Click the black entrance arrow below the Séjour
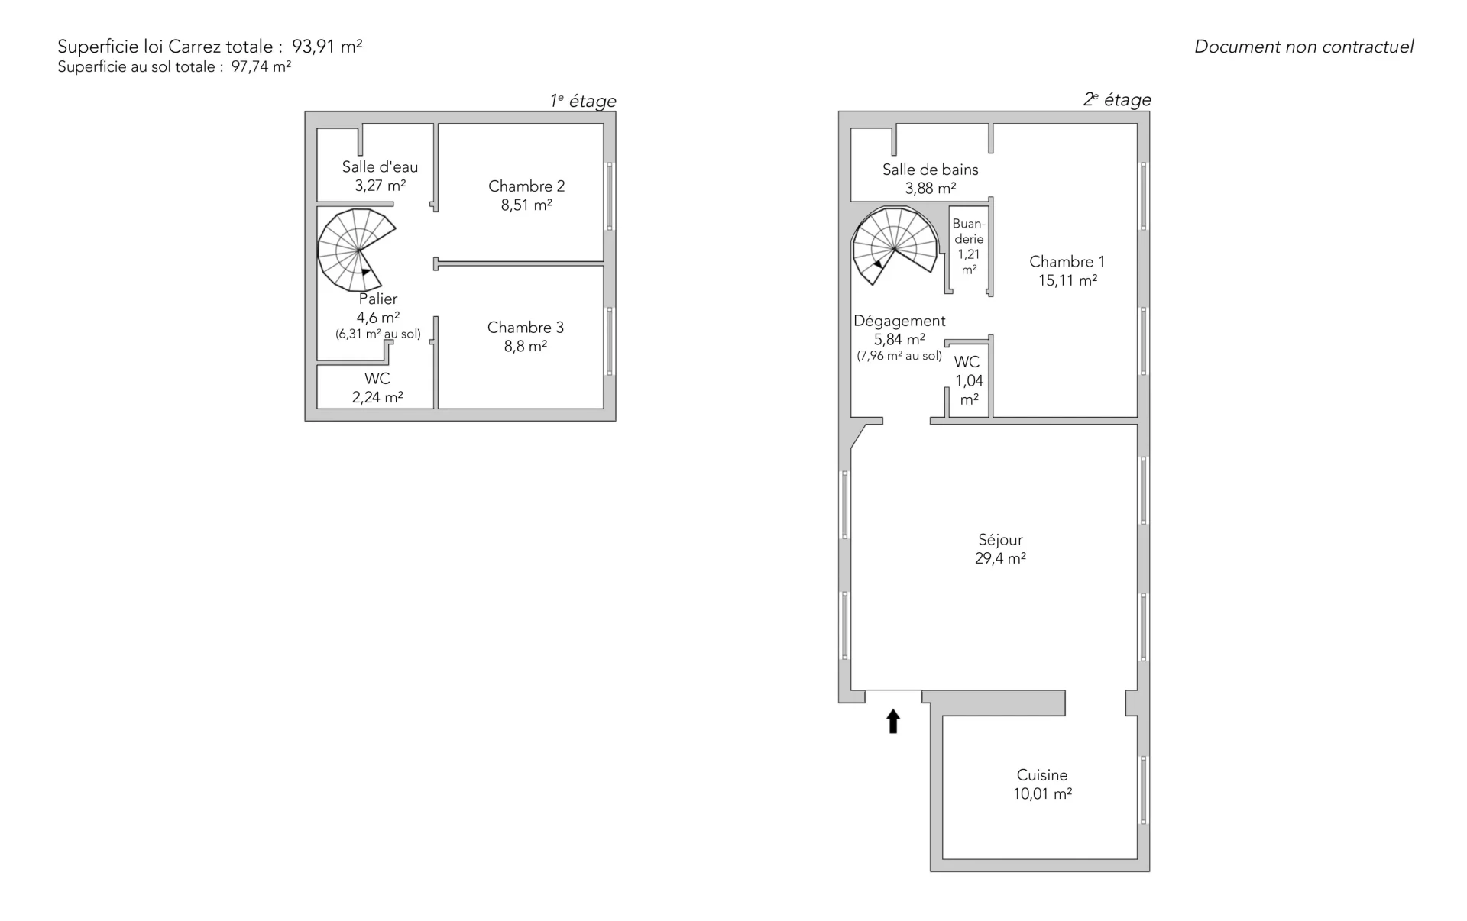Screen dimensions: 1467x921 (892, 722)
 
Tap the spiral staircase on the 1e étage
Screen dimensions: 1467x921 (356, 250)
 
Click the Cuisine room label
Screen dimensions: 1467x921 (1042, 775)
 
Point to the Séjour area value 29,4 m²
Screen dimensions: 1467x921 (1000, 558)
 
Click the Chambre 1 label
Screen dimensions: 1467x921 (1067, 262)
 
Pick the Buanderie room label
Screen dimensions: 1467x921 (969, 231)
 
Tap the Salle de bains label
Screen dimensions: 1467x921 (930, 170)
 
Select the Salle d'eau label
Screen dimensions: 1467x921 (380, 166)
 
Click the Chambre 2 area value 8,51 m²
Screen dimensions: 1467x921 (526, 205)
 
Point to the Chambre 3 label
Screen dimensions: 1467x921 (526, 328)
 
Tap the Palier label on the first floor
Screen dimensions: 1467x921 (378, 299)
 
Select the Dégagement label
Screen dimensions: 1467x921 (899, 321)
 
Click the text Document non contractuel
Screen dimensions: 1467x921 (1303, 47)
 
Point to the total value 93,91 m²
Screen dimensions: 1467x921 (327, 46)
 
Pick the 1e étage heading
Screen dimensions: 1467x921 (583, 101)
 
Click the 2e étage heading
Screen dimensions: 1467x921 (1117, 99)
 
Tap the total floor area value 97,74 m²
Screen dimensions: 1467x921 (261, 66)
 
